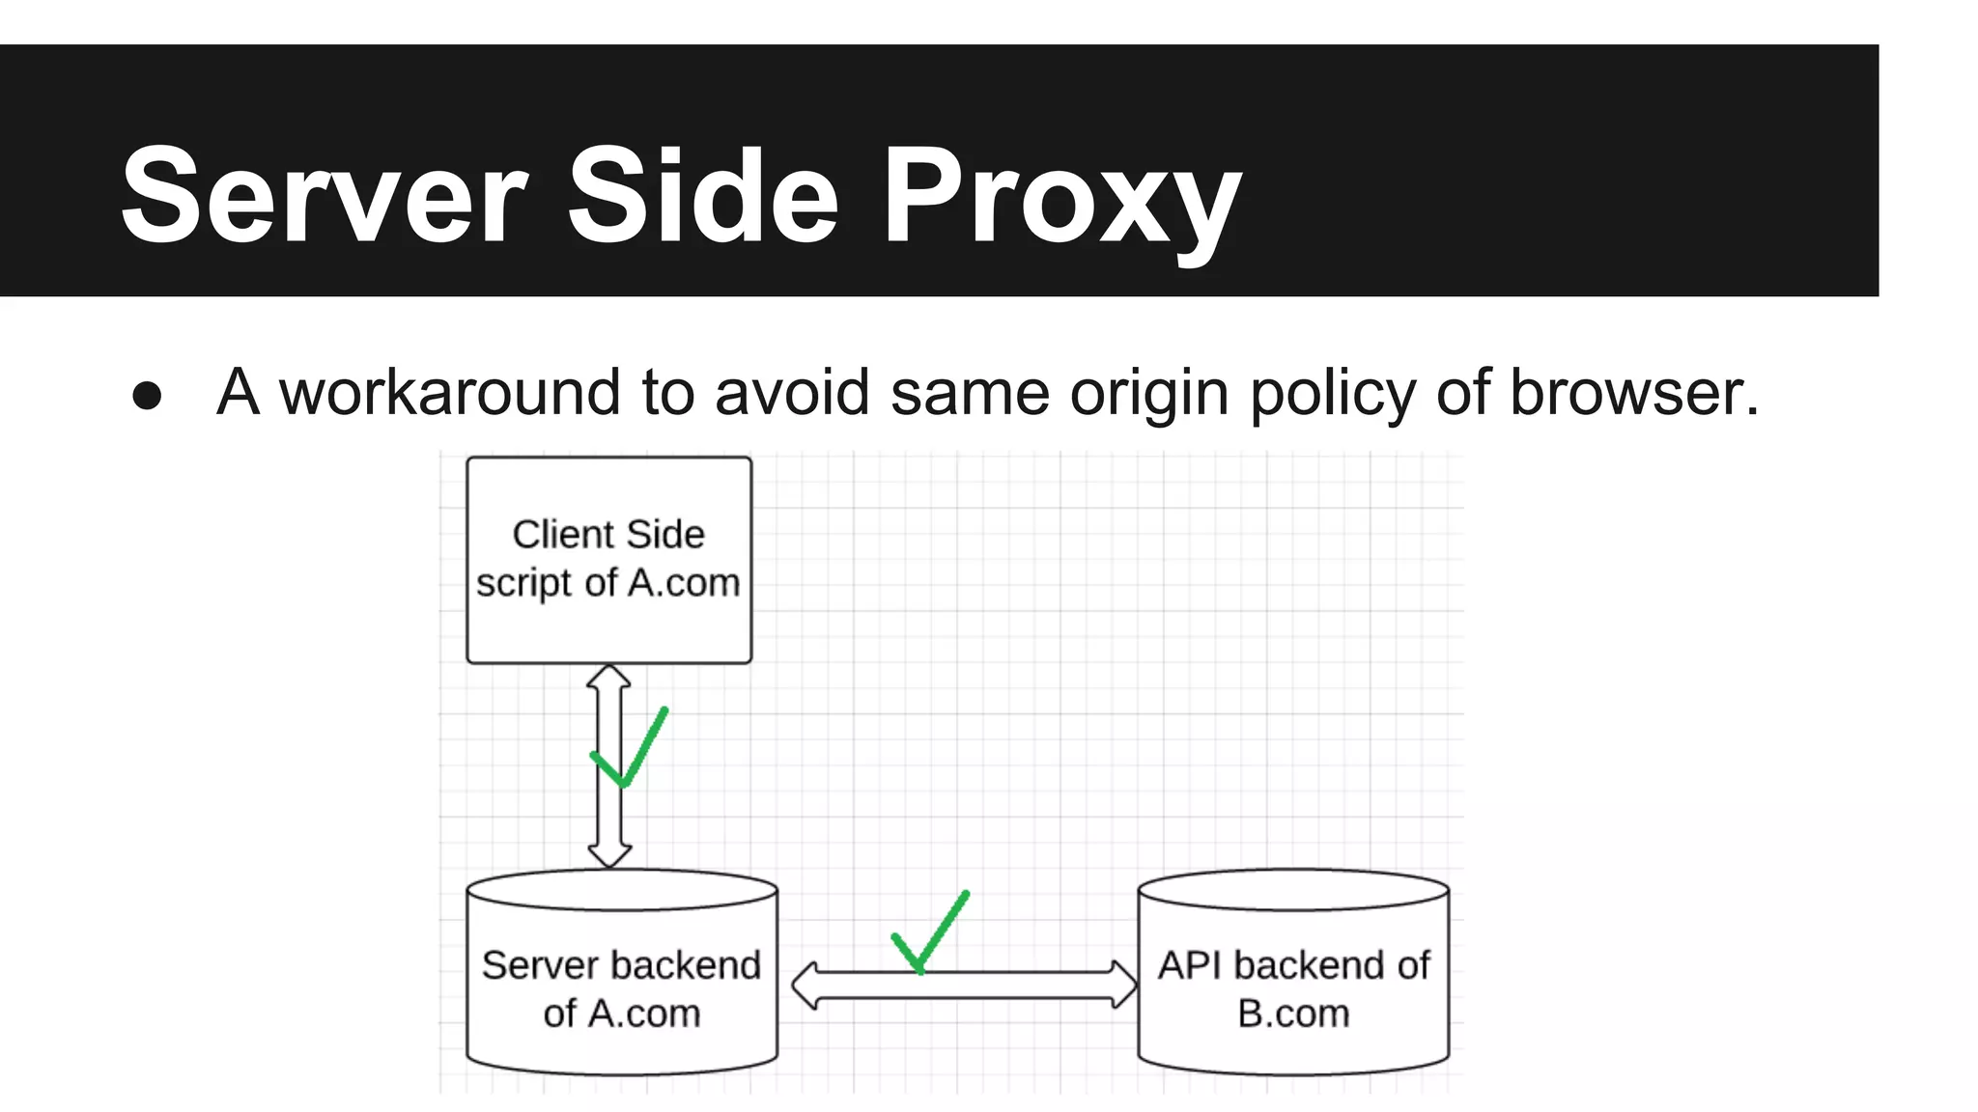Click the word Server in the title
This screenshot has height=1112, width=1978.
[324, 196]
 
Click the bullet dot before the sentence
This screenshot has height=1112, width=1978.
[147, 395]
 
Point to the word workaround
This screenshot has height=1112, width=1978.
[449, 393]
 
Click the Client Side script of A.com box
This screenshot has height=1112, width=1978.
[608, 560]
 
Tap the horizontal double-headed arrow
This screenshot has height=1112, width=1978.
[1024, 986]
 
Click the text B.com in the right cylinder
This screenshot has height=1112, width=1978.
[1293, 1014]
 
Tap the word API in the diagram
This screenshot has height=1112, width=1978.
[1191, 965]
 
